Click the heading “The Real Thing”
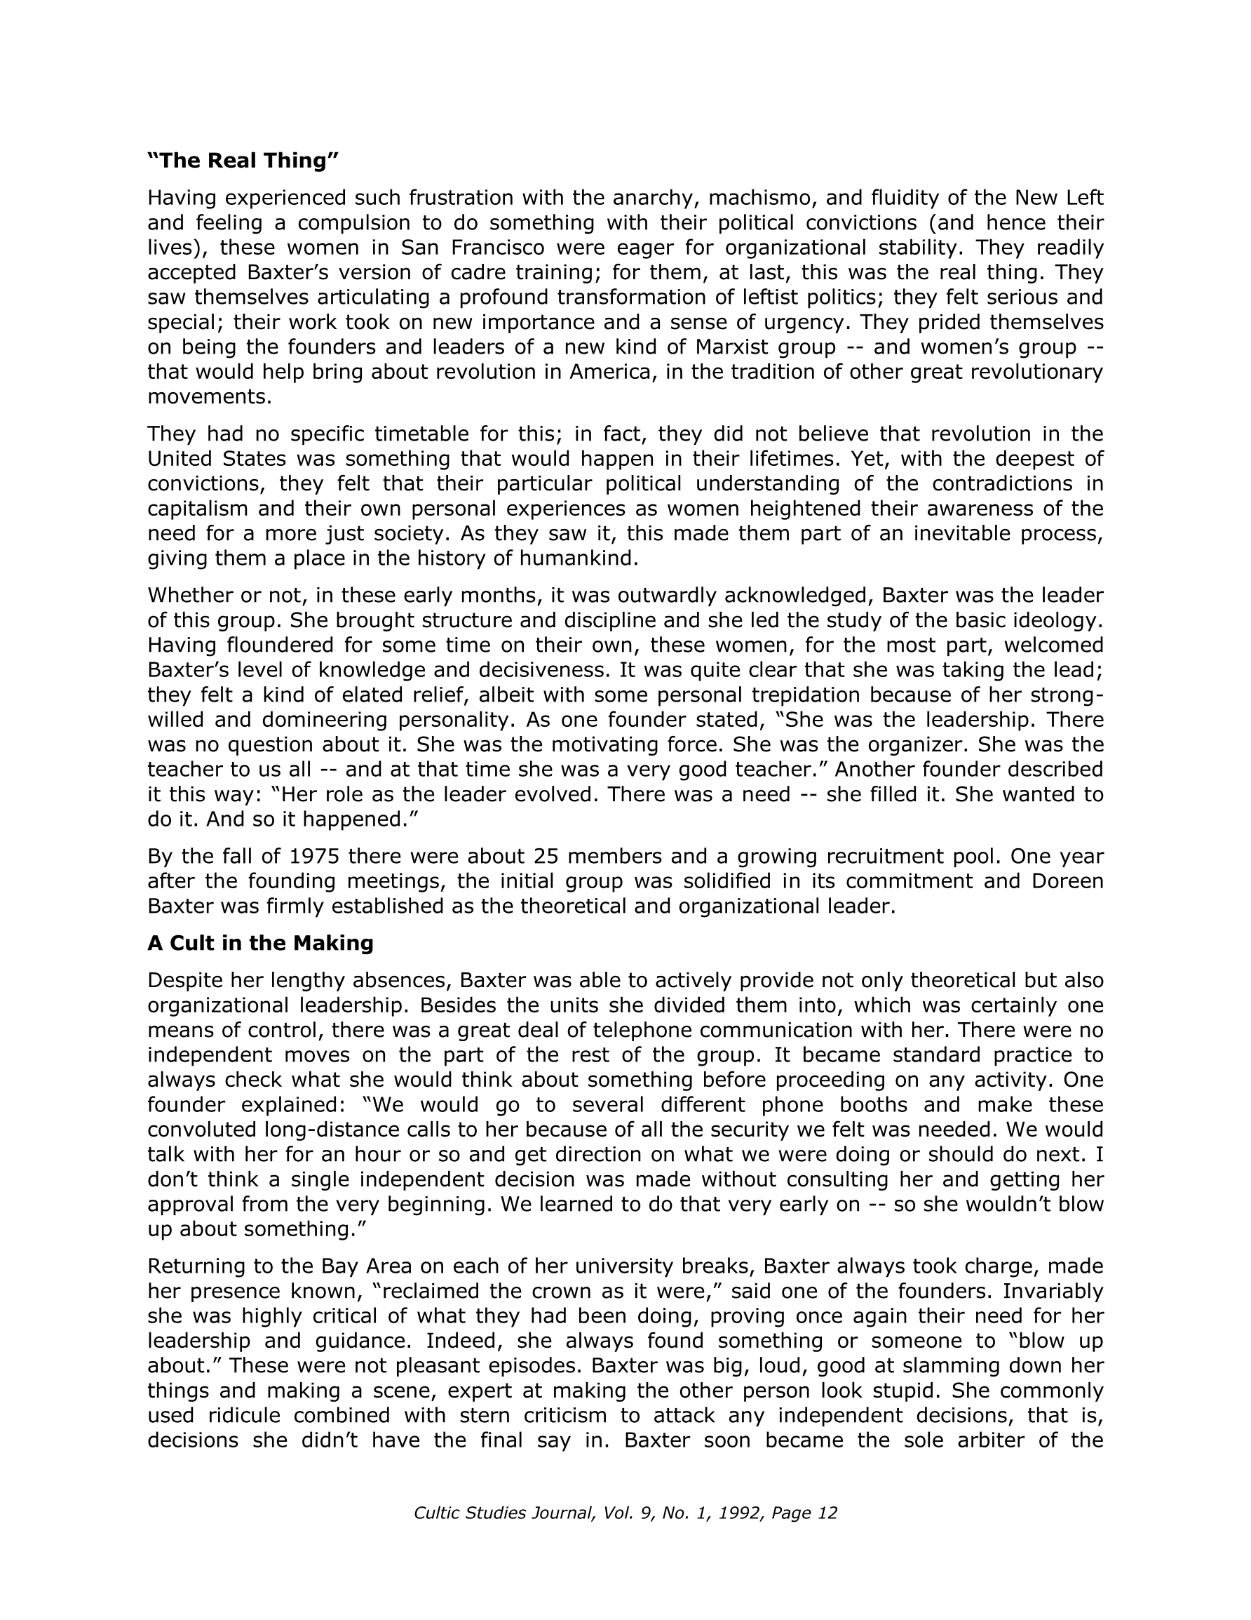[x=243, y=161]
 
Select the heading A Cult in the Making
[x=260, y=943]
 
